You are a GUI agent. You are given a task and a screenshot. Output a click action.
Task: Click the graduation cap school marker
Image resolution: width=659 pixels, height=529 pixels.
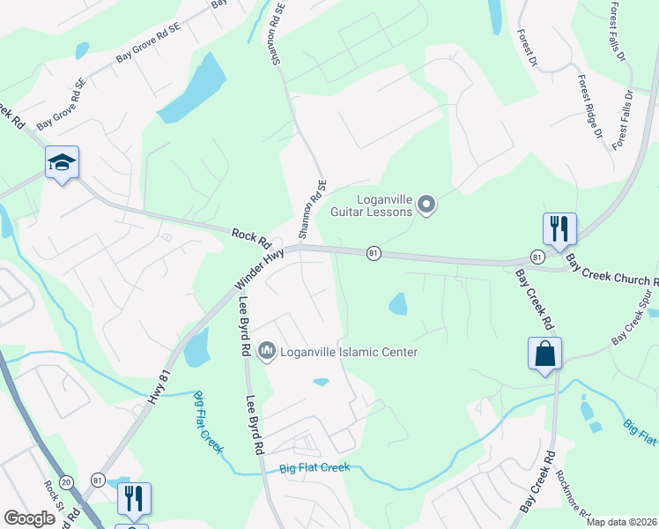click(x=62, y=162)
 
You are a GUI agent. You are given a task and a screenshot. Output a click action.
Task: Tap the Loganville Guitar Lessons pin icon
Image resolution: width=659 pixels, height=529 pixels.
click(x=427, y=205)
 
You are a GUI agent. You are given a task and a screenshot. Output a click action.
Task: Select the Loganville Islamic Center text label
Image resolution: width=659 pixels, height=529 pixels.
click(x=348, y=352)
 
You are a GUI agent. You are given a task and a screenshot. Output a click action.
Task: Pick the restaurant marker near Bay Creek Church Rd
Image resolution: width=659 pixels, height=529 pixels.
click(x=559, y=229)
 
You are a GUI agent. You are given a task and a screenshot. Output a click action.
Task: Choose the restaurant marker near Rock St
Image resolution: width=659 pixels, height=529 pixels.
click(x=134, y=498)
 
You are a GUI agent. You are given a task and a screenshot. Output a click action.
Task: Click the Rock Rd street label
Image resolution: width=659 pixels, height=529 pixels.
click(x=249, y=236)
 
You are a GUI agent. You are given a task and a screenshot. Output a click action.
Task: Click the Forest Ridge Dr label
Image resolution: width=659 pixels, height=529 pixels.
click(x=590, y=106)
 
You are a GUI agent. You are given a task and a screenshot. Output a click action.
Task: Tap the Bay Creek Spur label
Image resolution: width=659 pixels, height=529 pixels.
click(x=636, y=324)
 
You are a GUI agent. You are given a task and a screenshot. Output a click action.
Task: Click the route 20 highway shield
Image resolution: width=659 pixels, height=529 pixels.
click(x=70, y=479)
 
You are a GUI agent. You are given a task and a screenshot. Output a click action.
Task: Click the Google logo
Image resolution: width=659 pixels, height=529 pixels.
click(x=30, y=518)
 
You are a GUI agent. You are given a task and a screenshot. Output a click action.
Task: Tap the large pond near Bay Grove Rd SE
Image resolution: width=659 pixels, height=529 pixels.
click(x=190, y=91)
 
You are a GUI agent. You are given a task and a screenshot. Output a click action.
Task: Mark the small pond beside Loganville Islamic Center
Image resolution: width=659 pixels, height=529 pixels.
click(x=321, y=382)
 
